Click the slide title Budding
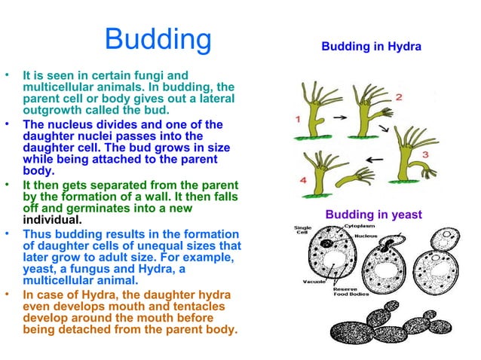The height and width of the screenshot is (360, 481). [158, 41]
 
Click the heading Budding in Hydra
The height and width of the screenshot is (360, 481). [371, 47]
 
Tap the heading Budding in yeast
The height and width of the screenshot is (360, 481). [373, 215]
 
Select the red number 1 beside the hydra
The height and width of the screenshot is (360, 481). [299, 118]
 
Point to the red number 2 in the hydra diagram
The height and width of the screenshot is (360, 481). [398, 98]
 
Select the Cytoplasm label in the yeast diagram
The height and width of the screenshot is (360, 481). [360, 224]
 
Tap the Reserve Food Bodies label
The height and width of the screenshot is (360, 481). [351, 290]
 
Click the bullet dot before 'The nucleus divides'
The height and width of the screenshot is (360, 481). [8, 124]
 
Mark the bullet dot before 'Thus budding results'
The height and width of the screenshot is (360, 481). [8, 233]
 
